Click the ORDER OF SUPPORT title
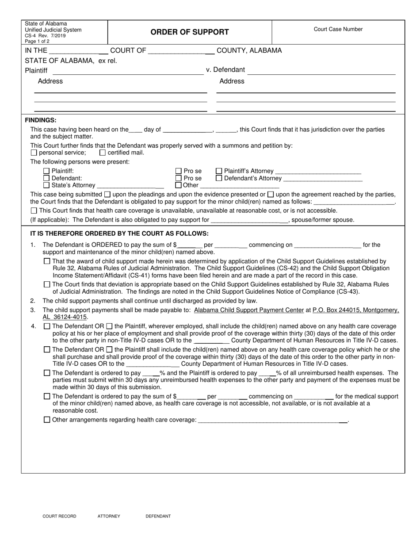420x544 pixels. pos(190,32)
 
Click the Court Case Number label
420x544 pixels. pos(338,29)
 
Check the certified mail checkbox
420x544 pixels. pos(103,153)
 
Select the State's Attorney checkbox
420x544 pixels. pos(46,185)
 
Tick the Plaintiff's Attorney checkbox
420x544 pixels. pos(219,171)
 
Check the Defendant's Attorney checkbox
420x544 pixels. pos(219,178)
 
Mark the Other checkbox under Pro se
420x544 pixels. pos(179,185)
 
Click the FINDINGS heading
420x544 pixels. pos(40,120)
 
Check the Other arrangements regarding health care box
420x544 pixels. pos(47,420)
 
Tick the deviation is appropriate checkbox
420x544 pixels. pos(47,284)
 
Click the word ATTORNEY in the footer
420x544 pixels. pos(109,516)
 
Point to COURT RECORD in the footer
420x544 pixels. pos(59,516)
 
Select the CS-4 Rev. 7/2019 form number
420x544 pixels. pos(44,35)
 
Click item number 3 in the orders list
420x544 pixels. pos(33,310)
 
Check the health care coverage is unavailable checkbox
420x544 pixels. pos(34,211)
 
